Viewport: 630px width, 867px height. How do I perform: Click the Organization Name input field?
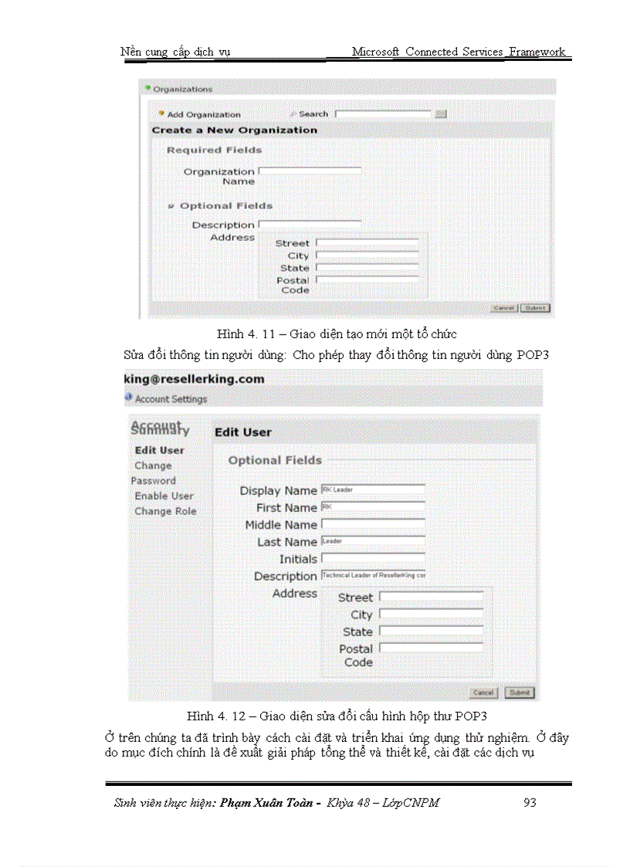(310, 170)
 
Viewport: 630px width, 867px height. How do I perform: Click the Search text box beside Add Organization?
(383, 113)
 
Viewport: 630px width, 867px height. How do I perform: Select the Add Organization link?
(203, 114)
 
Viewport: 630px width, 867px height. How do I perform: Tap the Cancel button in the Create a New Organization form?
(503, 307)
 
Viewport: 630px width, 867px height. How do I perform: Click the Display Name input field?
(373, 489)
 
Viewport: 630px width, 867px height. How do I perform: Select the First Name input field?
(373, 506)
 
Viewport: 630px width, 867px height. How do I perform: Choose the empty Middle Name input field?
(373, 523)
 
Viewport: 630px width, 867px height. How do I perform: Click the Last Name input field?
(373, 540)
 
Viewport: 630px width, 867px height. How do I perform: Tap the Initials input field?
(373, 557)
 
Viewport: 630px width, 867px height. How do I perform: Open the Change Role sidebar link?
(165, 511)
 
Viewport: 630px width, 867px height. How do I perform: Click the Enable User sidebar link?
(164, 496)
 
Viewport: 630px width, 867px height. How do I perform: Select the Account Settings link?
(171, 399)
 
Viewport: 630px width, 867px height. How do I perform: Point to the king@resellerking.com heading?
(195, 379)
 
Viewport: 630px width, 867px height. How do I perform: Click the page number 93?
(529, 802)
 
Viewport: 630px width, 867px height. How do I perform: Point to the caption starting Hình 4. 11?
(337, 334)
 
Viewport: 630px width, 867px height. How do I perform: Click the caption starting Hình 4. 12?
(337, 716)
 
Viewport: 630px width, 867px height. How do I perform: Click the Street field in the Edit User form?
(431, 597)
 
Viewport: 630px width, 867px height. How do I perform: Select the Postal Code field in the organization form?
(367, 279)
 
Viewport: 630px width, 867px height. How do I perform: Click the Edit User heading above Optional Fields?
(242, 432)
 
